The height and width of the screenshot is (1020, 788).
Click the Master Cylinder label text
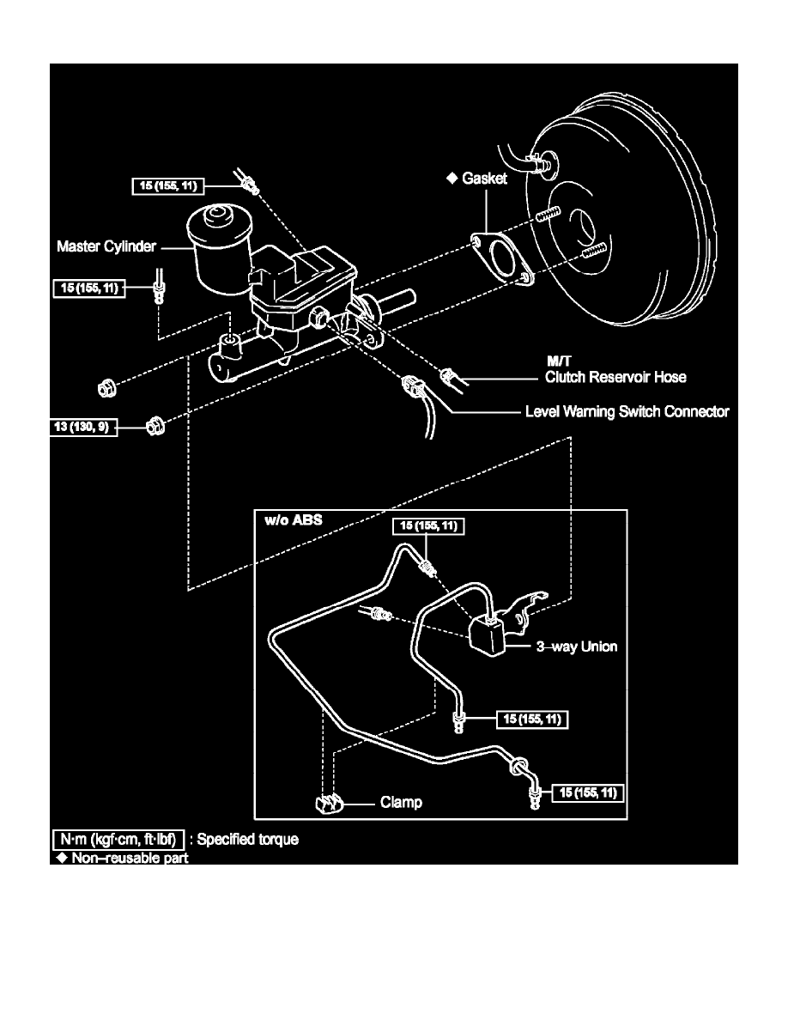(106, 246)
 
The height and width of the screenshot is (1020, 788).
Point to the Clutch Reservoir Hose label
(615, 376)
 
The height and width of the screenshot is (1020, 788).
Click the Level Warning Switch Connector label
(627, 412)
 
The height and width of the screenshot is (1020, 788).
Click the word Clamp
(401, 804)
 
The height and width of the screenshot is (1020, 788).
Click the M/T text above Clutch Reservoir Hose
(560, 362)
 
